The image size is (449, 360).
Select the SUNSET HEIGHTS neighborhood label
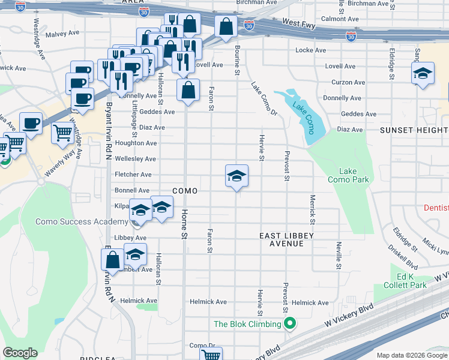[x=414, y=130]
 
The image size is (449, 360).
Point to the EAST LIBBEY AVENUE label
[x=286, y=240]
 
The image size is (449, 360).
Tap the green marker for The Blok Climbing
[x=290, y=324]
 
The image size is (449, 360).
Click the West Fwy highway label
[x=298, y=22]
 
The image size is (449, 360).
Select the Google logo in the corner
[x=20, y=353]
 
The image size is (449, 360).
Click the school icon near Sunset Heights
[x=423, y=74]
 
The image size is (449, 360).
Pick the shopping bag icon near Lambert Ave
[x=112, y=260]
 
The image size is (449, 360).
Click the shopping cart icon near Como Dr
[x=211, y=354]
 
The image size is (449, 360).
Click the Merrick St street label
[x=312, y=206]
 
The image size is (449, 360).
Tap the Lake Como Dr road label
[x=265, y=99]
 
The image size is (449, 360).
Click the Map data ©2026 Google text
[x=412, y=355]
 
